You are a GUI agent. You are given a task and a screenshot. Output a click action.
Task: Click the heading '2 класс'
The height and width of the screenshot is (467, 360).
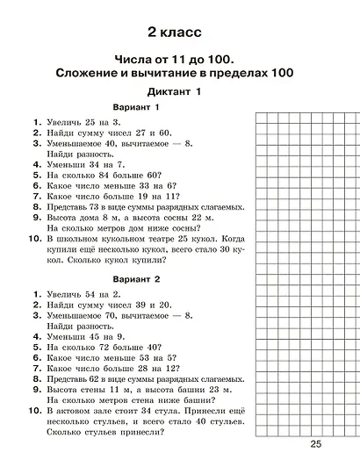point(176,32)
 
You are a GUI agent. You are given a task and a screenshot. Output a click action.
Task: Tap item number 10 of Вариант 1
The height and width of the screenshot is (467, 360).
point(32,238)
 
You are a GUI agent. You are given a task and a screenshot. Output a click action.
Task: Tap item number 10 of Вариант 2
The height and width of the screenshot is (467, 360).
point(32,410)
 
